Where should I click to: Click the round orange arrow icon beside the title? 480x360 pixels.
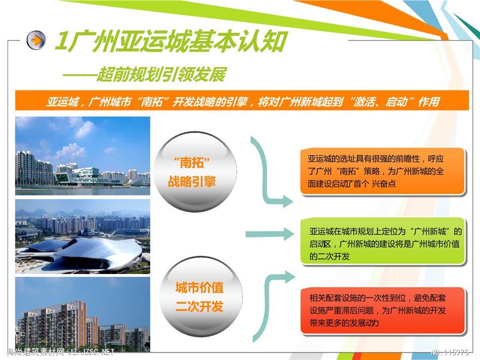click(x=36, y=40)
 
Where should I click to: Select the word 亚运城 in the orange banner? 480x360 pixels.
click(x=63, y=102)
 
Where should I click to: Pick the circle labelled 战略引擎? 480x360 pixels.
click(x=195, y=171)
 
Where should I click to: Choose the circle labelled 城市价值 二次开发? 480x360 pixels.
click(x=200, y=297)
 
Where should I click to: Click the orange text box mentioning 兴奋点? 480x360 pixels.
click(x=382, y=171)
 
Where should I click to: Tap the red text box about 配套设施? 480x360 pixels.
click(x=382, y=310)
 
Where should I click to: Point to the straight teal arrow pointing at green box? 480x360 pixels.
click(x=270, y=235)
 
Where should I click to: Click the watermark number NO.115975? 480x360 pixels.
click(x=449, y=352)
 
